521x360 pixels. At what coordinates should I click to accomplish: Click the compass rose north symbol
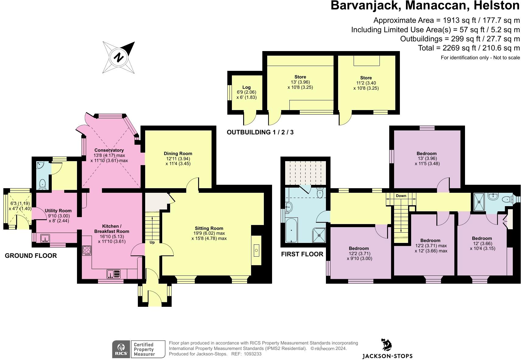[x=119, y=57]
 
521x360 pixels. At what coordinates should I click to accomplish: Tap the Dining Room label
[x=178, y=153]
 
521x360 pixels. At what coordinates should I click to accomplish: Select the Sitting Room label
[x=209, y=228]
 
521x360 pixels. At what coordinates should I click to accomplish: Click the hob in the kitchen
[x=87, y=250]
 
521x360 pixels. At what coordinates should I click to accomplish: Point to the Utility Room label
[x=58, y=211]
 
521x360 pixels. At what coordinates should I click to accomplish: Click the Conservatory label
[x=109, y=150]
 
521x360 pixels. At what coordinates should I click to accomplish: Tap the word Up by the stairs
[x=152, y=242]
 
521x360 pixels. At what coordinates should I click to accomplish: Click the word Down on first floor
[x=401, y=196]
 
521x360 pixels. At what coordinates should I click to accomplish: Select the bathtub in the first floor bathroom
[x=292, y=230]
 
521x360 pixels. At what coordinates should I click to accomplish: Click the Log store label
[x=247, y=87]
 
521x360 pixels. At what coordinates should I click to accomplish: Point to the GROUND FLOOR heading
[x=31, y=256]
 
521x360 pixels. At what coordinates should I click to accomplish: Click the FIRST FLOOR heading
[x=302, y=254]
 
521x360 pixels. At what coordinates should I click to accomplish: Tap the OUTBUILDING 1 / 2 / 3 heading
[x=260, y=132]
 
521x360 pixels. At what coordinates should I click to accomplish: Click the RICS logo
[x=121, y=349]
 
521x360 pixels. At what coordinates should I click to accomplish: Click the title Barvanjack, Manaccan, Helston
[x=425, y=5]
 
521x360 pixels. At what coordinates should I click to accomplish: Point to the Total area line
[x=469, y=48]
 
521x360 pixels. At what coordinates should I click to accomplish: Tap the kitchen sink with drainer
[x=114, y=274]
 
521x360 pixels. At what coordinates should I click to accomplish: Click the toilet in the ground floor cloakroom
[x=43, y=184]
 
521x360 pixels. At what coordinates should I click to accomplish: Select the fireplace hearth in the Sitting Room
[x=256, y=250]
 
